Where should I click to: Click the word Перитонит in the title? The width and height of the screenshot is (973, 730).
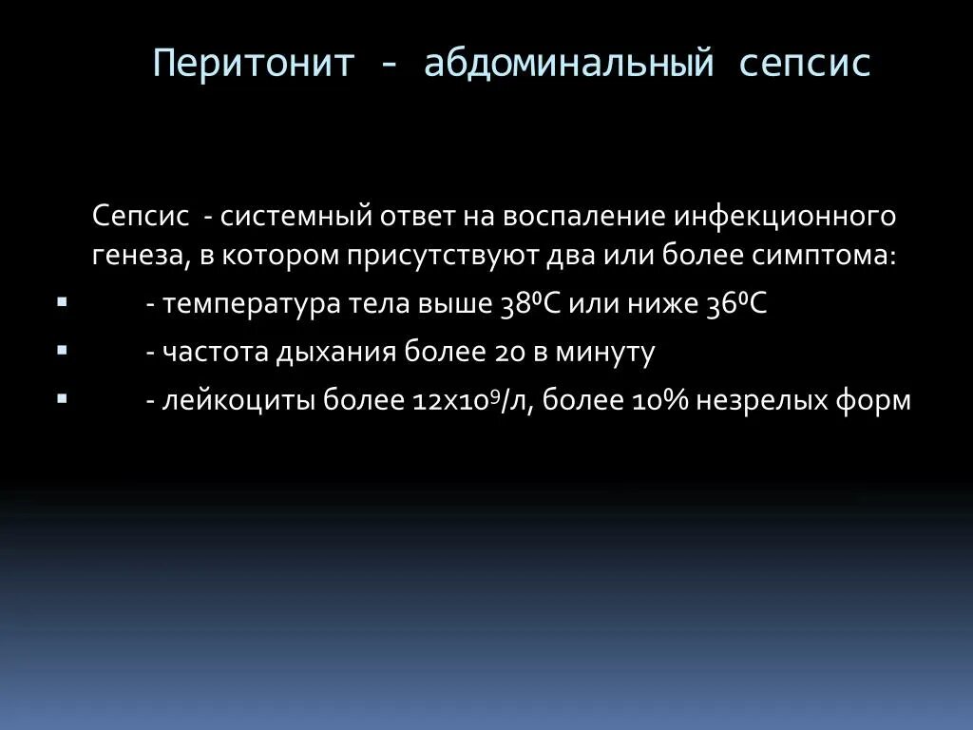[254, 65]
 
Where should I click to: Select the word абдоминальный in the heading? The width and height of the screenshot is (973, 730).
[568, 65]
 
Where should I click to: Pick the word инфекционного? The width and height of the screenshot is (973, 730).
[786, 216]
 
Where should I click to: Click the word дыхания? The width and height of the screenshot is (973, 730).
[337, 353]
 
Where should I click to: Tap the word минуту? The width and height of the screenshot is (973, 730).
[608, 353]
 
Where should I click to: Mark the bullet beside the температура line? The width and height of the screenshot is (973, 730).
[62, 302]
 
